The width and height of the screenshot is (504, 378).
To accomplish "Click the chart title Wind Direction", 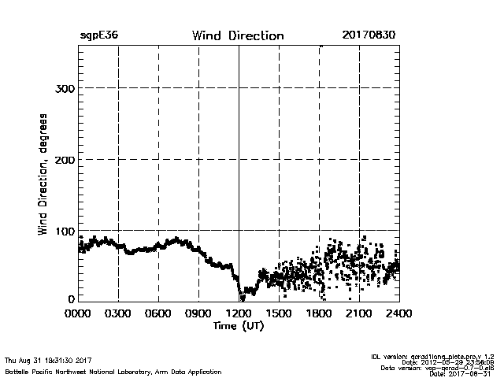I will tap(238, 35).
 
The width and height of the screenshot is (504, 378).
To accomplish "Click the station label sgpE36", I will tap(98, 35).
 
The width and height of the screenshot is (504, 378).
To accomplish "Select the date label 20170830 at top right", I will tap(369, 35).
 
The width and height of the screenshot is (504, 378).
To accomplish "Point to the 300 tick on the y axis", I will tap(65, 88).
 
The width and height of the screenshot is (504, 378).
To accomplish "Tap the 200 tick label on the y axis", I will tap(65, 160).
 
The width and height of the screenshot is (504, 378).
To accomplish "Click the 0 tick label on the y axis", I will tap(72, 299).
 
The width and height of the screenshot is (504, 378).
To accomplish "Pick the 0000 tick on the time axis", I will tap(79, 314).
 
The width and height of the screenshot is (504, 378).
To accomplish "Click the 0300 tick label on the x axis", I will tap(118, 314).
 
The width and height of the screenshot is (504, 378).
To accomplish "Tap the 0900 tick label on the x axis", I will tap(198, 314).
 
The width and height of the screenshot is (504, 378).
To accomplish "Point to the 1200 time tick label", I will tap(239, 314).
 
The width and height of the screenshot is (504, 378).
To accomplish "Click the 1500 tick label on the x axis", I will tap(279, 314).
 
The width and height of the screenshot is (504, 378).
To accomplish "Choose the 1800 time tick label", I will tap(319, 314).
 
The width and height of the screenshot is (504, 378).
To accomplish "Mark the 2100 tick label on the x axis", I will tap(359, 314).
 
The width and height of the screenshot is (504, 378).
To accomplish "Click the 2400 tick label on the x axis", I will tap(398, 314).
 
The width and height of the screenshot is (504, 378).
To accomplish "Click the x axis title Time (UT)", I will tap(239, 326).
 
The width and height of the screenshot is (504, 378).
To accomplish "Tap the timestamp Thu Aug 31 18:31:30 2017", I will tap(48, 361).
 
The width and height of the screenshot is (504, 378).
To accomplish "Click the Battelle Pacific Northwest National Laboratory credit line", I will tap(113, 371).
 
